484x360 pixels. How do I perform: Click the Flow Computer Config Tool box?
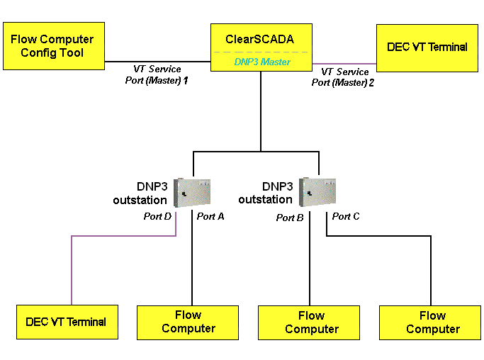click(53, 46)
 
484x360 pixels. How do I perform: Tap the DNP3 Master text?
click(261, 62)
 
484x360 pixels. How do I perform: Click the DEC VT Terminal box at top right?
click(427, 47)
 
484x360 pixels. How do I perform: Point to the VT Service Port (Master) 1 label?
click(157, 74)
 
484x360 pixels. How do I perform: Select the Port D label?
click(158, 216)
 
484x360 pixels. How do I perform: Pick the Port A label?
click(210, 216)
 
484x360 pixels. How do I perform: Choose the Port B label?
click(290, 218)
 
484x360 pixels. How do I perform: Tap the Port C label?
click(346, 216)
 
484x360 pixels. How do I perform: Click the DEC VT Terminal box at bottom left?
click(66, 322)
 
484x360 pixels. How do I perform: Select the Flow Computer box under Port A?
click(188, 322)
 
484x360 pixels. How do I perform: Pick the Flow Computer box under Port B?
click(311, 322)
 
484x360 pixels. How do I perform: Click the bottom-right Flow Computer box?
click(432, 322)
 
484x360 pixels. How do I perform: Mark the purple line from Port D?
click(72, 269)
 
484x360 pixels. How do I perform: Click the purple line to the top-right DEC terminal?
click(344, 62)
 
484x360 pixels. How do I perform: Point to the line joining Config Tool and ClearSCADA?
click(157, 62)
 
